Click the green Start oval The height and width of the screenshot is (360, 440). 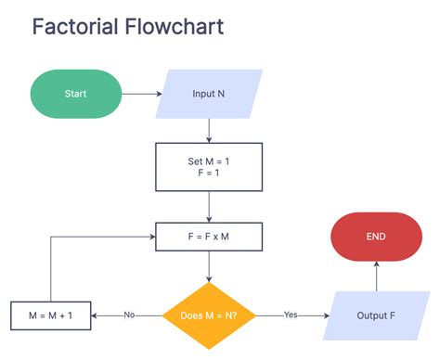[76, 95]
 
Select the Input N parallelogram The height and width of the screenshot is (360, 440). [209, 95]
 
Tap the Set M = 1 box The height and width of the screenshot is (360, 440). [208, 166]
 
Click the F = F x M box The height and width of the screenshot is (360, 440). [208, 237]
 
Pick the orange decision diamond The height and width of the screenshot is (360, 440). [209, 315]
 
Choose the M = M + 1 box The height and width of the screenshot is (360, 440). [51, 315]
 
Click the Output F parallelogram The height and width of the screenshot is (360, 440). [376, 315]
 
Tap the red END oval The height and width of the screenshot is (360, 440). [376, 237]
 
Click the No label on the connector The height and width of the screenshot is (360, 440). [129, 315]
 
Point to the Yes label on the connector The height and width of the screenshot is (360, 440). [291, 315]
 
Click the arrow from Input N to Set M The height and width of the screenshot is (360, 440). [209, 129]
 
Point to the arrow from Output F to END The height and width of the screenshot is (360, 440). [376, 276]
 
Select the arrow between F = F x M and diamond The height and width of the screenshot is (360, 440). [209, 268]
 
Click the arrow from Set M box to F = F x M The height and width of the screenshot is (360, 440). [209, 204]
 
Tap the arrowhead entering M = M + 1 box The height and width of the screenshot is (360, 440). [97, 315]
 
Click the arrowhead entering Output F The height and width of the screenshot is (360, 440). [327, 315]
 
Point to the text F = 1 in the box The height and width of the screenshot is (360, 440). [208, 173]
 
